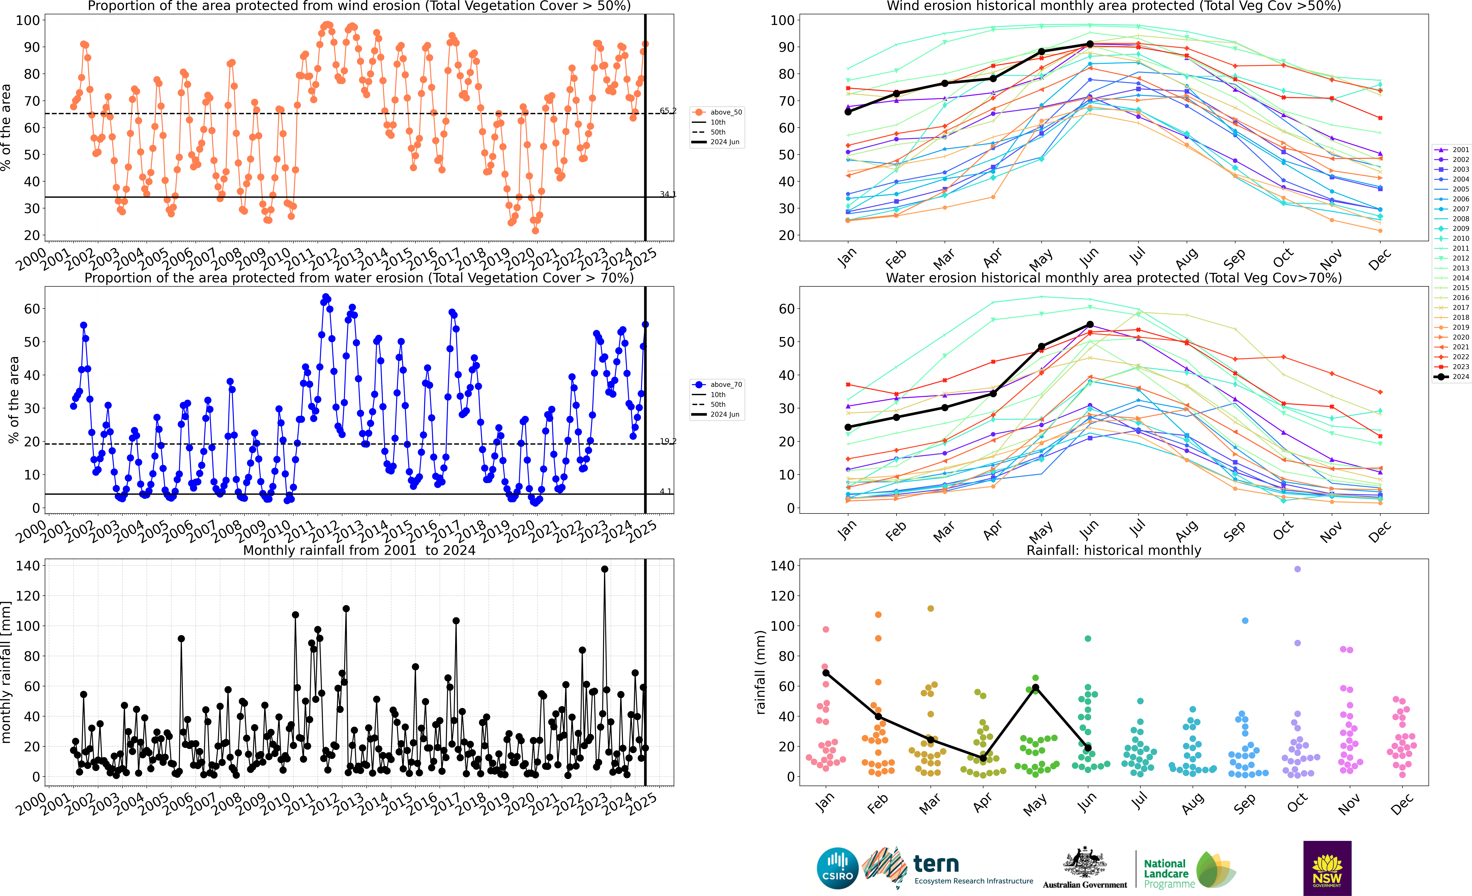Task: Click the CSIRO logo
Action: pos(838,868)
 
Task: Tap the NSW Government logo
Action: pos(1327,868)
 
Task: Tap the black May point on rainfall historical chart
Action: pos(1035,688)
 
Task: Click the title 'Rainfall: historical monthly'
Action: pos(1114,550)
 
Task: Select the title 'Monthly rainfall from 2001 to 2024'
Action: pos(359,550)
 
